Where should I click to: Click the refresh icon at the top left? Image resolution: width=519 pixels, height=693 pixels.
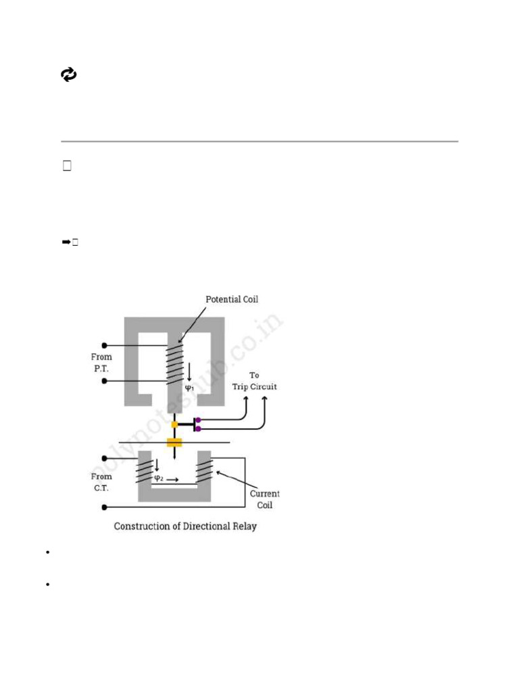coord(69,75)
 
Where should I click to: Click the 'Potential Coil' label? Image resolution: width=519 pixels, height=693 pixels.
coord(232,299)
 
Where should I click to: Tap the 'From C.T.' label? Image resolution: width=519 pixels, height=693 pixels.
coord(102,482)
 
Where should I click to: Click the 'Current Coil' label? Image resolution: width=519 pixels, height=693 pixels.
coord(264,499)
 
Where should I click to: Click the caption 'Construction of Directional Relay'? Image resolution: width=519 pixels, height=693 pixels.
coord(185,526)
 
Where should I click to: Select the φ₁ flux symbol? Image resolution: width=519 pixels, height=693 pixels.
coord(190,388)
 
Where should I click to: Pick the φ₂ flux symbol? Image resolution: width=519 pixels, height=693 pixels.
coord(159,477)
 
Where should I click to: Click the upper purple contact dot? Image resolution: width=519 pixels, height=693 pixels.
coord(198,420)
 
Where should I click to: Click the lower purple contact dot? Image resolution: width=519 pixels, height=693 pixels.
coord(198,428)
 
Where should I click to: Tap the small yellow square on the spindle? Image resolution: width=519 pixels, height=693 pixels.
coord(174,424)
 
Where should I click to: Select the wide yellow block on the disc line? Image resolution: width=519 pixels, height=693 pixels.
coord(175,443)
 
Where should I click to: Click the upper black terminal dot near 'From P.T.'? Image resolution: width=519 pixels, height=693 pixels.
coord(104,344)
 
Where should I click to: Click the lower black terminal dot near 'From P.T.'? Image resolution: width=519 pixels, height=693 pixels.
coord(104,381)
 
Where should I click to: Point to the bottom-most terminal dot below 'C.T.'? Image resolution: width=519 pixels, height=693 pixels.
coord(104,506)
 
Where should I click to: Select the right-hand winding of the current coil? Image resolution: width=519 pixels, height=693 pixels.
coord(204,470)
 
